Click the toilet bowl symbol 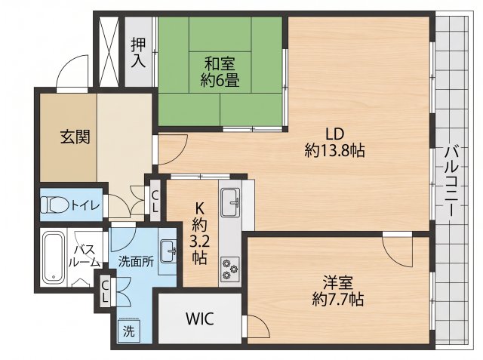(55, 205)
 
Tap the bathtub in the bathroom (54, 257)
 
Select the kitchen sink (230, 202)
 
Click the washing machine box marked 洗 (129, 331)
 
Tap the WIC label (199, 318)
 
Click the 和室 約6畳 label (220, 72)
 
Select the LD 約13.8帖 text (335, 143)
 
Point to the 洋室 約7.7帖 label (338, 291)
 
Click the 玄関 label (75, 137)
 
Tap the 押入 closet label (138, 53)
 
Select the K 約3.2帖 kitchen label (199, 233)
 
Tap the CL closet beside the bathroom (105, 291)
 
